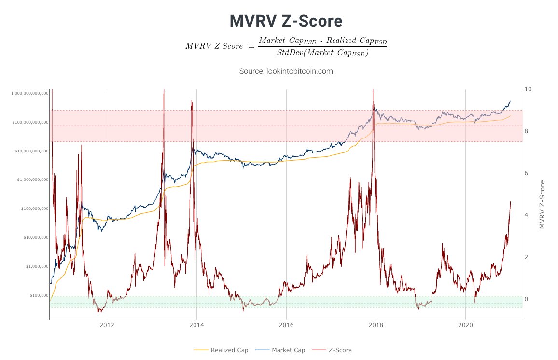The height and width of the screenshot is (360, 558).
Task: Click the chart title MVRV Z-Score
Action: coord(286,21)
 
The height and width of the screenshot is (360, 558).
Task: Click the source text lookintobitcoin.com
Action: coord(286,71)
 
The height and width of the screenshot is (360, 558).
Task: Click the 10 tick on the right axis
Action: coord(528,89)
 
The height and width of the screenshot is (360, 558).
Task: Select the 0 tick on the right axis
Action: coord(527,299)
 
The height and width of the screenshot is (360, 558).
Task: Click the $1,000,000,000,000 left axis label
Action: coord(29,93)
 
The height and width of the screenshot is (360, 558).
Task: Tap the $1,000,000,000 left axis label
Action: coord(32,180)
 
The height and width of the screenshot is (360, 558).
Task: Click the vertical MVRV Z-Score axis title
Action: coord(542,204)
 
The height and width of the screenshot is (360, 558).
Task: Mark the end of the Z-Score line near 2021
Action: coord(510,202)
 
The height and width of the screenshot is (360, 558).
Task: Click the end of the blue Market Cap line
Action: coord(510,101)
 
